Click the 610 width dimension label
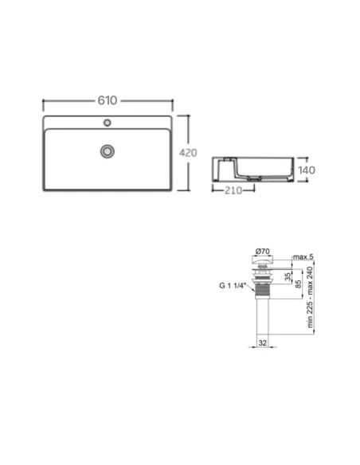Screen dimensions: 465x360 click(108, 100)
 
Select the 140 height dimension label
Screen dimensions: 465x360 click(308, 170)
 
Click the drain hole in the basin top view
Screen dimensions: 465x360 click(108, 150)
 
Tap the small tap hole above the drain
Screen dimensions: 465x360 click(108, 123)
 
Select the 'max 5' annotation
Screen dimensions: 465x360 click(301, 257)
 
